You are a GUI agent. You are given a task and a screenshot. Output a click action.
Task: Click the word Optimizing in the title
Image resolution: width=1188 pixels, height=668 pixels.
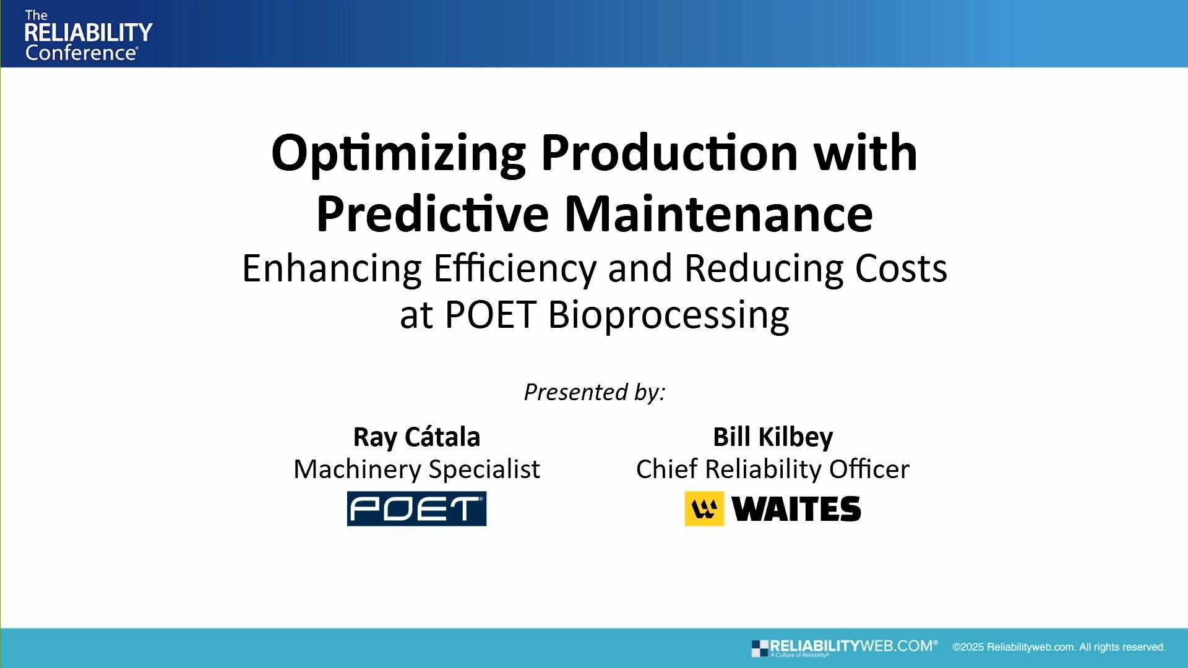398,153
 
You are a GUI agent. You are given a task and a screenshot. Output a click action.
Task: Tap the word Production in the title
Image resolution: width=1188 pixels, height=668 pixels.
669,153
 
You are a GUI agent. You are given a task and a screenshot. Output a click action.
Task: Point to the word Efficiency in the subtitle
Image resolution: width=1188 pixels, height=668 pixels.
514,269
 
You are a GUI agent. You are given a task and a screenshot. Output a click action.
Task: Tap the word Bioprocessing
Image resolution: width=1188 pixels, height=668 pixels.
668,315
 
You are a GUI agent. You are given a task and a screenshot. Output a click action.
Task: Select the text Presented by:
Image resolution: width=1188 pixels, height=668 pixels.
594,392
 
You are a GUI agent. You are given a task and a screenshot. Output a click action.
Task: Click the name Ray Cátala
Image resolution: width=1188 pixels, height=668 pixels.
416,437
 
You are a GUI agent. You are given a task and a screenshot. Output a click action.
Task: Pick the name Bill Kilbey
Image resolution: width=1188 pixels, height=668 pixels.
773,437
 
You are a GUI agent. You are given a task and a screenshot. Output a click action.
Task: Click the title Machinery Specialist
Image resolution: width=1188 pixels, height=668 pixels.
416,469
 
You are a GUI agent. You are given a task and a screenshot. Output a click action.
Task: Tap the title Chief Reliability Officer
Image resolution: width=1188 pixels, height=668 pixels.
773,469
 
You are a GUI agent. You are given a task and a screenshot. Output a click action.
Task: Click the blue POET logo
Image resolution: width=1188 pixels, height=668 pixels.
416,508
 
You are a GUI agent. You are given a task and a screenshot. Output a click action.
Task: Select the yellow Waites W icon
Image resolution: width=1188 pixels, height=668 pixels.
704,508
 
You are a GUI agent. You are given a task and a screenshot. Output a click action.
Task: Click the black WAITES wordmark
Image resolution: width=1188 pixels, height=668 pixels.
796,509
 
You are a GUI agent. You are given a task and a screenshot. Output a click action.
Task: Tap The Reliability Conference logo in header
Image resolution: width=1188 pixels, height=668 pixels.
87,35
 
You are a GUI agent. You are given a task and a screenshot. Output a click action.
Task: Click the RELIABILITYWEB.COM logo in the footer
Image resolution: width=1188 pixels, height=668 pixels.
844,647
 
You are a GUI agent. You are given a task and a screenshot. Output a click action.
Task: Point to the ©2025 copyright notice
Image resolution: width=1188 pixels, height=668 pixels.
1059,647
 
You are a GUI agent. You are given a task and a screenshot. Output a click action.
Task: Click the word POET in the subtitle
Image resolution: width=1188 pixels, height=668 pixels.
489,315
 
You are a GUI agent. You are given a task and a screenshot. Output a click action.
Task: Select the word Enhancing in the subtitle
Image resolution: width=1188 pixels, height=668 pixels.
332,269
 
